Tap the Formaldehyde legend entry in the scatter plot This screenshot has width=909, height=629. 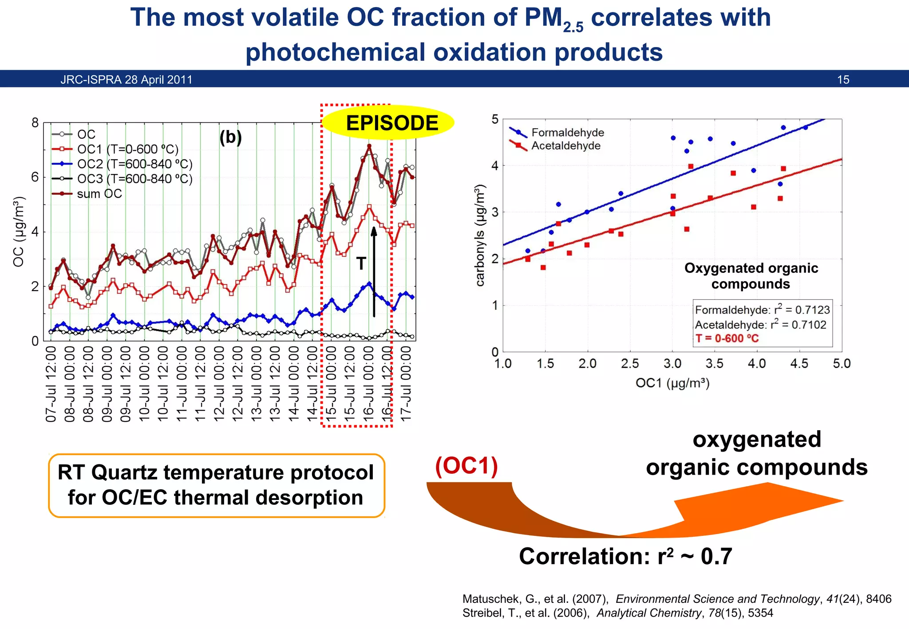567,133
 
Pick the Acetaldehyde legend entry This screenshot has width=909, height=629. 565,146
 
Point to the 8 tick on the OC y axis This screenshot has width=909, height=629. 35,123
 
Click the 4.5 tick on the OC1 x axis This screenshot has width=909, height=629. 799,364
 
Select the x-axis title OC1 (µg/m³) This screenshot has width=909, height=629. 672,383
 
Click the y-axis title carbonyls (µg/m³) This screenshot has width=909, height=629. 480,235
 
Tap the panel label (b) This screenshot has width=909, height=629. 230,138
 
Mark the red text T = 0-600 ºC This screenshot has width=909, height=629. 727,338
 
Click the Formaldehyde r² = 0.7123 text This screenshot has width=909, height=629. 762,310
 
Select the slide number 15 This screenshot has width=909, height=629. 843,80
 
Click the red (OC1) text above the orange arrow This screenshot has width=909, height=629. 466,466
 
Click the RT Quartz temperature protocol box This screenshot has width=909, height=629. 216,485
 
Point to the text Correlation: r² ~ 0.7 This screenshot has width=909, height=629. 625,556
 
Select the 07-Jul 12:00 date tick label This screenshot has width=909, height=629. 51,384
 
